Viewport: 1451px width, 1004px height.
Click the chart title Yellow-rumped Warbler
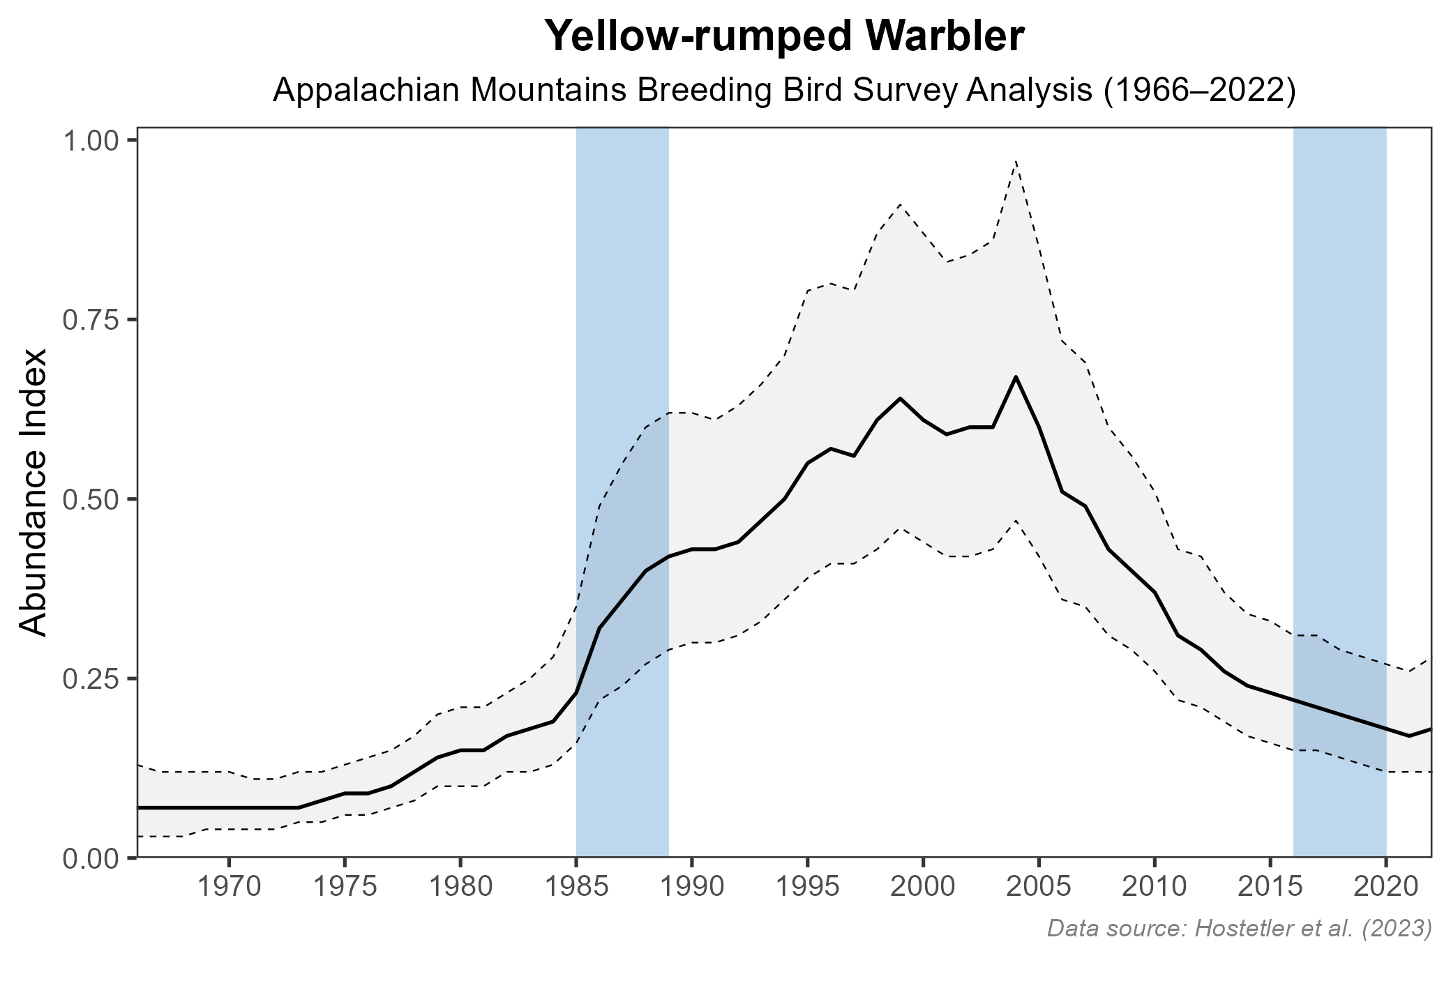click(784, 36)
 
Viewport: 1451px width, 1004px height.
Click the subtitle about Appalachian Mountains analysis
click(784, 91)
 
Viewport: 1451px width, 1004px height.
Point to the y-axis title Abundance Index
click(33, 492)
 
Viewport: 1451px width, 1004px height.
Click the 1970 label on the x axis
click(229, 888)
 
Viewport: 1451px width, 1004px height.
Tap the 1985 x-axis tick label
click(576, 888)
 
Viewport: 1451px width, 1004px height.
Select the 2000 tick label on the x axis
click(923, 888)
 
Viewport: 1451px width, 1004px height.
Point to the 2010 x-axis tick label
click(1155, 888)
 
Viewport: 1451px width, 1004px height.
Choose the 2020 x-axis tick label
click(1385, 888)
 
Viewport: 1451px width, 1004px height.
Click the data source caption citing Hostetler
click(1239, 928)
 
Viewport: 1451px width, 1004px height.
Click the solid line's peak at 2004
click(1016, 377)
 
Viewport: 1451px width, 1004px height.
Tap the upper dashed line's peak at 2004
click(1016, 162)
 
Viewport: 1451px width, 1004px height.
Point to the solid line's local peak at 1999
click(900, 398)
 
